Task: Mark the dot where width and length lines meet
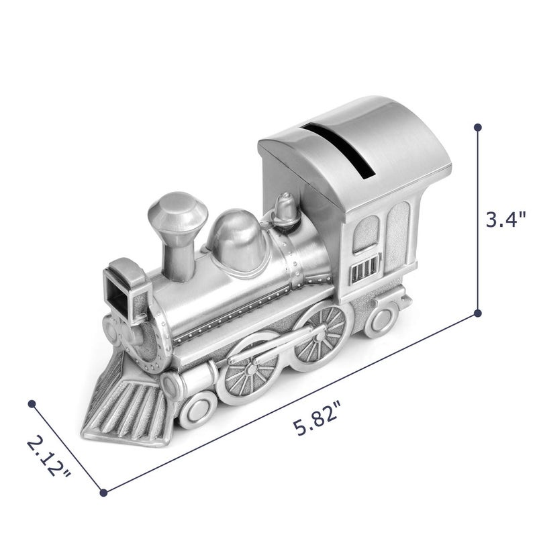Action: (x=103, y=493)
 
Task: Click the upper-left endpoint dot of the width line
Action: (x=31, y=403)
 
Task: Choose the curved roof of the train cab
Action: (x=356, y=141)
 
